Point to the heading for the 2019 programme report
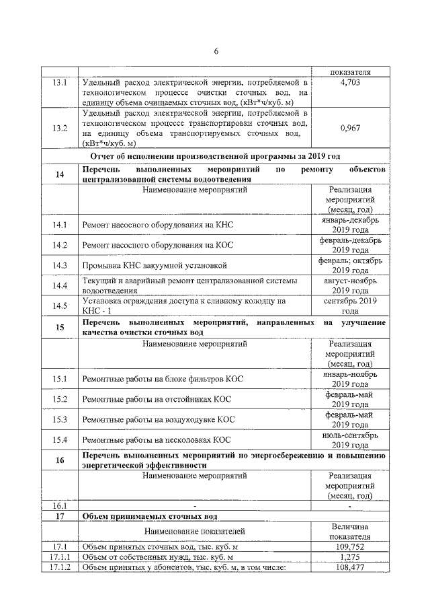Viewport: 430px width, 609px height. tap(215, 156)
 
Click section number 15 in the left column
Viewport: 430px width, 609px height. tap(60, 328)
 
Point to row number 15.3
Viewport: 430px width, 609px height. tap(60, 420)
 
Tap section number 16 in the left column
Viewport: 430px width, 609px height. tap(60, 460)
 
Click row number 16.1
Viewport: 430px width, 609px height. tap(60, 505)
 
